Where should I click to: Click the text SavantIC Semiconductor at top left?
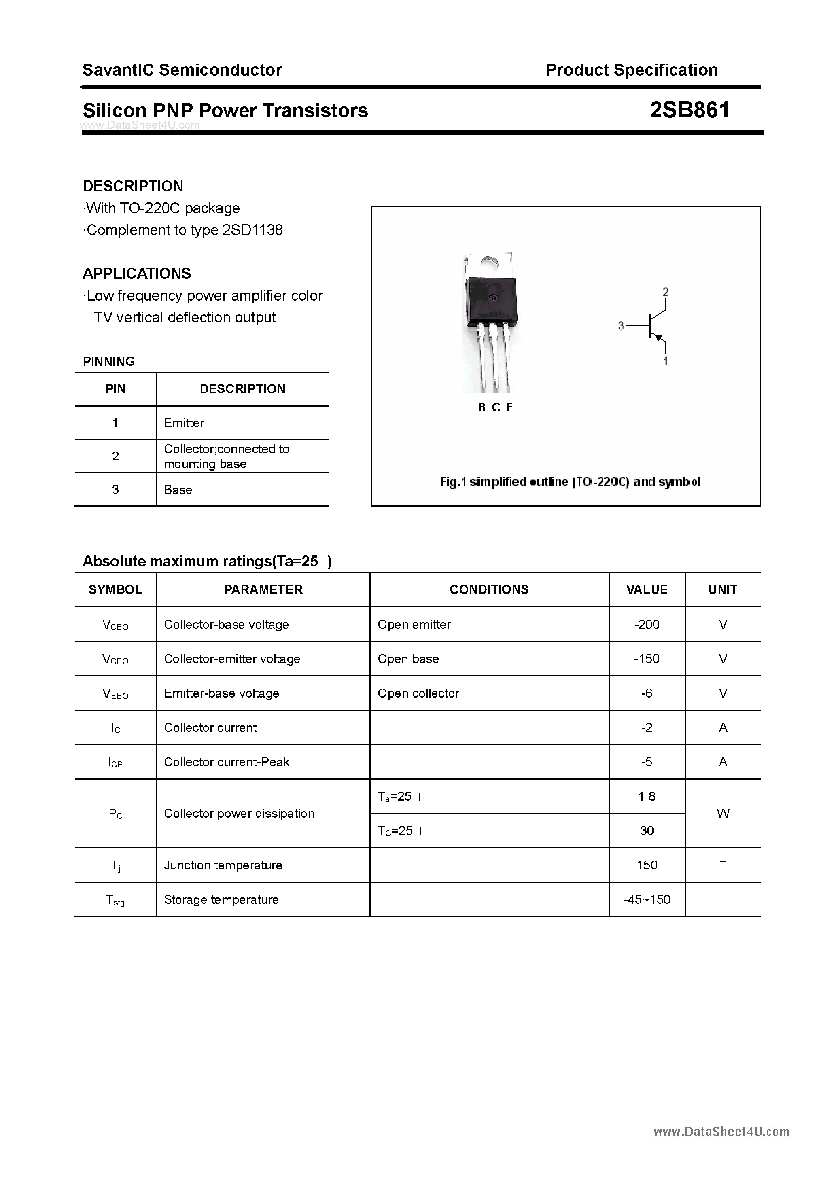pos(182,70)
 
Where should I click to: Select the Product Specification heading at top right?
pos(631,70)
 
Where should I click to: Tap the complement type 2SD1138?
pos(252,230)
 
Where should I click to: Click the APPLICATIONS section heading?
pos(137,273)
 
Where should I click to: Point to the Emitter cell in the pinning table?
pos(184,423)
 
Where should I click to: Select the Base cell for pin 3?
pos(178,490)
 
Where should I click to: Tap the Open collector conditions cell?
pos(418,693)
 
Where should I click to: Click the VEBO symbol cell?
pos(115,693)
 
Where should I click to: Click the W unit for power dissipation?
pos(723,813)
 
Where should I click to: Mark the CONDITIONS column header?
pos(489,589)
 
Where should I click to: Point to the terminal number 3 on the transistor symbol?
pos(621,326)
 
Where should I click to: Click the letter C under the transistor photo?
pos(496,407)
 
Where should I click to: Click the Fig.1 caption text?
pos(569,482)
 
